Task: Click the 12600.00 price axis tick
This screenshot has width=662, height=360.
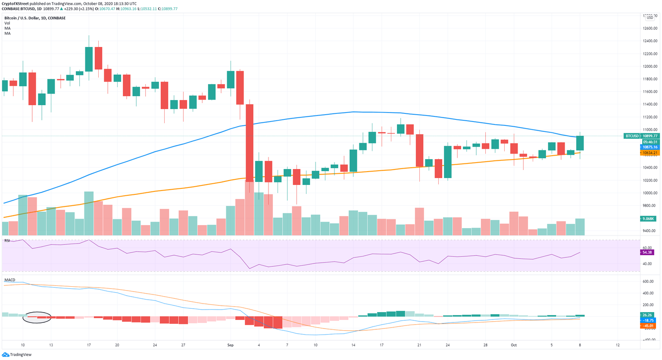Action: click(x=650, y=28)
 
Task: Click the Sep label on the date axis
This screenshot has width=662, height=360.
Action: click(x=230, y=345)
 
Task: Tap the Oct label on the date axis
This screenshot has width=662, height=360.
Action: click(x=513, y=345)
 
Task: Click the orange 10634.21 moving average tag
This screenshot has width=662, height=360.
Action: click(x=650, y=153)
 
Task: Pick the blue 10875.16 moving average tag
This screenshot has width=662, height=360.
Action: click(x=650, y=147)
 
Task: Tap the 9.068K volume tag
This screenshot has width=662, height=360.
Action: click(x=649, y=219)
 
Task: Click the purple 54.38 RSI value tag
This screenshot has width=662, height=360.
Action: click(x=647, y=252)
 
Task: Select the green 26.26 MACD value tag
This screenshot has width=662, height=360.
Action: click(x=647, y=315)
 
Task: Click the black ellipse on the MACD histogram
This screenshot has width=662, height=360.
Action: click(x=37, y=317)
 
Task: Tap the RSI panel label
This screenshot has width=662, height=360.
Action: click(x=7, y=241)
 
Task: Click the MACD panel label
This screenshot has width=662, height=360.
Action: click(x=9, y=280)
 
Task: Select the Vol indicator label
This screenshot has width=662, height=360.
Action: click(x=7, y=23)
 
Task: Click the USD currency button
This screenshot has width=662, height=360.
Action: click(x=650, y=18)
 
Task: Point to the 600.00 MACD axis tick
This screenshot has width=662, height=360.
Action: click(x=649, y=282)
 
